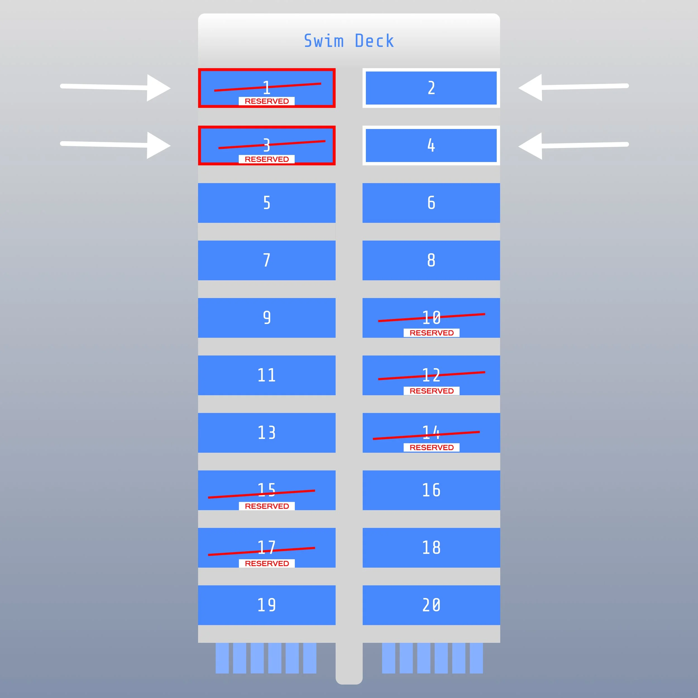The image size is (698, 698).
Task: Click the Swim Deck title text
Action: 349,41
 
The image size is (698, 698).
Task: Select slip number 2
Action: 431,88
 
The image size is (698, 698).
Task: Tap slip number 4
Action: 431,145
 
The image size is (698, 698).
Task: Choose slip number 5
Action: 267,203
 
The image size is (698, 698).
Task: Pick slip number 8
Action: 431,260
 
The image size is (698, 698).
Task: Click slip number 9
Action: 267,317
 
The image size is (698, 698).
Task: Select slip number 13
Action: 267,432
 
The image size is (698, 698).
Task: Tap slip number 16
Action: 431,490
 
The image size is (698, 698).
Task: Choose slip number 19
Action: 267,605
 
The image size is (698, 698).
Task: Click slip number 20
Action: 431,605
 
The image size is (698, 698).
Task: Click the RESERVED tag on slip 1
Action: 267,101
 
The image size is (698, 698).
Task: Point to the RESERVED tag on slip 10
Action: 431,333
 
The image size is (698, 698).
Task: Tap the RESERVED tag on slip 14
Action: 431,447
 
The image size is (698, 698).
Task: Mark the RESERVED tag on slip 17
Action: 267,563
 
